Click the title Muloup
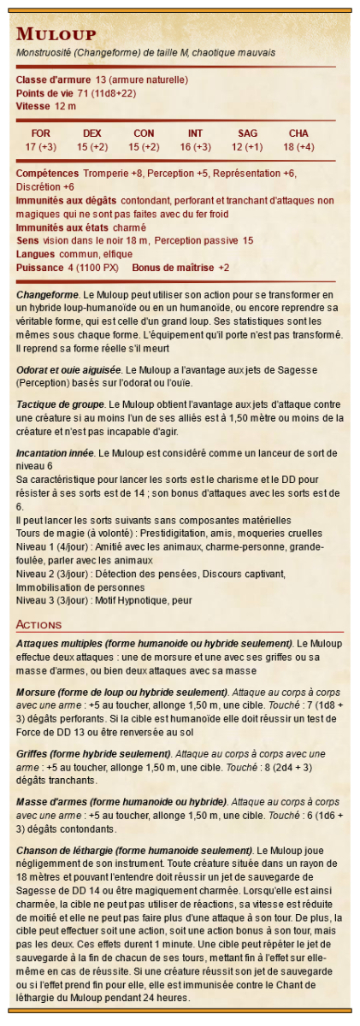click(x=56, y=34)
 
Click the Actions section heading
click(x=38, y=625)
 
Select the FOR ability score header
click(x=40, y=133)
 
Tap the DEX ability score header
click(x=92, y=133)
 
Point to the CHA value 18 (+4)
click(x=298, y=147)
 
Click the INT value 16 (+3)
click(x=195, y=147)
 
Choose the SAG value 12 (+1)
click(x=247, y=147)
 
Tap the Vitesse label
click(x=33, y=106)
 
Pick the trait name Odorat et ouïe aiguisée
click(x=69, y=369)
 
